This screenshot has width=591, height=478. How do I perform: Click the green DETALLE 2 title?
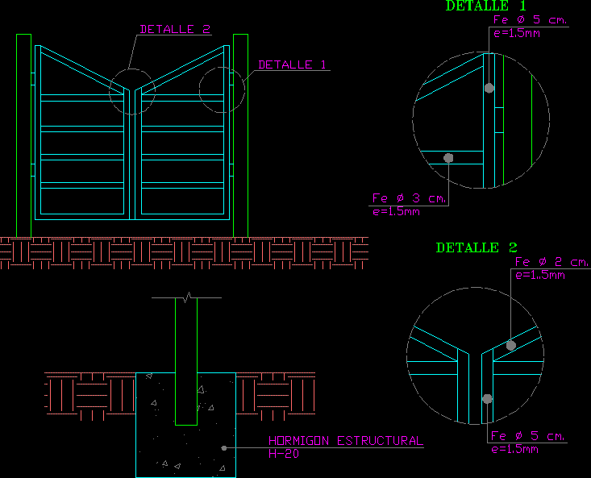(x=477, y=248)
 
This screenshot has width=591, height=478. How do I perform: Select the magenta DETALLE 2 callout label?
(x=175, y=30)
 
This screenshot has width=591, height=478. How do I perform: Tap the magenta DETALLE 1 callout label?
(x=293, y=65)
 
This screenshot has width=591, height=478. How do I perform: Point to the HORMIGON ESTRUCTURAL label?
(x=345, y=441)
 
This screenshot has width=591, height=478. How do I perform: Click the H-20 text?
(x=283, y=454)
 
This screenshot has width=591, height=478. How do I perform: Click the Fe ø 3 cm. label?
(x=409, y=198)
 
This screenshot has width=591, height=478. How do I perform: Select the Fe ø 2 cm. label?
(x=551, y=263)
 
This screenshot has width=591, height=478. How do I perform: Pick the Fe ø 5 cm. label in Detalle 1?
(x=531, y=20)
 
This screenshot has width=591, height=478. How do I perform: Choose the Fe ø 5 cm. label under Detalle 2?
(x=528, y=436)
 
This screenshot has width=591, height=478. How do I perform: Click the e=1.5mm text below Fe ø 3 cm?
(x=396, y=212)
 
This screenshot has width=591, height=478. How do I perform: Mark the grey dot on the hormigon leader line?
(x=223, y=447)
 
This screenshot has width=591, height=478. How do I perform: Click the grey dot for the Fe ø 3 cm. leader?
(x=449, y=158)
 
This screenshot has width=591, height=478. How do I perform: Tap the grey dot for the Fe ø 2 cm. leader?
(x=511, y=345)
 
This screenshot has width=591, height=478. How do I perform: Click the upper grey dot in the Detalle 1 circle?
(x=489, y=88)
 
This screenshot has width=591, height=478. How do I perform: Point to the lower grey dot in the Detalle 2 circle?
(x=487, y=398)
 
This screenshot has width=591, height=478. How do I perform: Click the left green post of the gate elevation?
(x=23, y=135)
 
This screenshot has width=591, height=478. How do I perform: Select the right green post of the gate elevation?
(x=240, y=135)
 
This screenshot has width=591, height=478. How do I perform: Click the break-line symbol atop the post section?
(x=187, y=299)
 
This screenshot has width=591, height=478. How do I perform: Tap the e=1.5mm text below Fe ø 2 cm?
(x=539, y=275)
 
